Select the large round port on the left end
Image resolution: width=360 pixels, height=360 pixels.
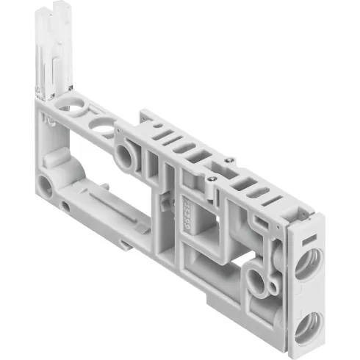click(46, 187)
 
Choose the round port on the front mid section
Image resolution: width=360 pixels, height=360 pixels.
click(123, 155)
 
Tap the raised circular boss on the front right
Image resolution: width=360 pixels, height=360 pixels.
click(258, 280)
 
